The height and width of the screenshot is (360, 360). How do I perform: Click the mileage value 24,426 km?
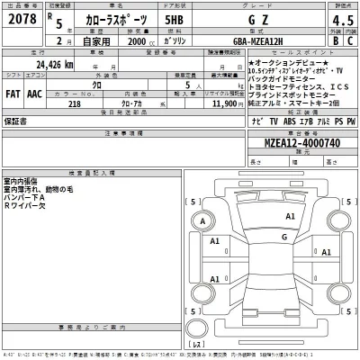point(55,66)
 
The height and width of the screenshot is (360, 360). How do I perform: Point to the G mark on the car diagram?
point(283,238)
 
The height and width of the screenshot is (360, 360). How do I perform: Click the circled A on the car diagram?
point(203,221)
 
